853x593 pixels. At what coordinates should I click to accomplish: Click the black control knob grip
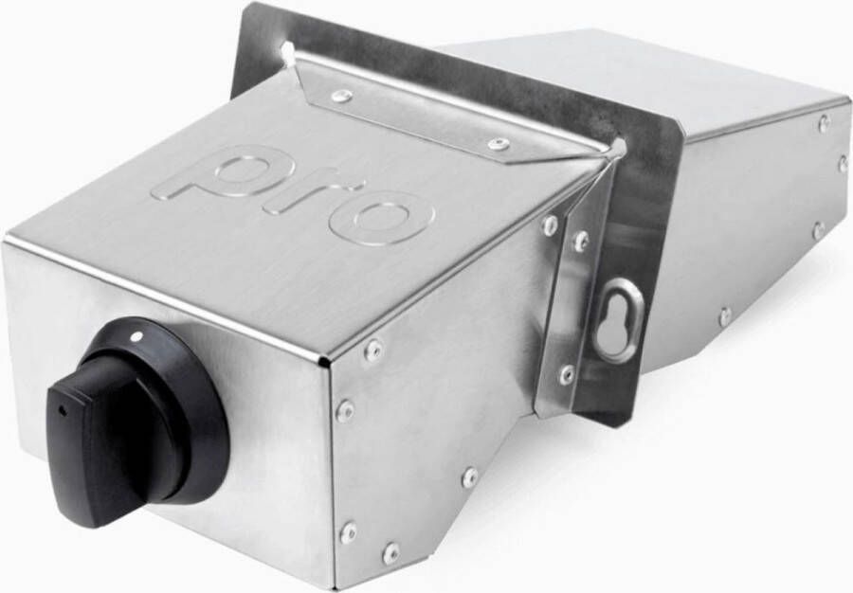pyautogui.click(x=109, y=435)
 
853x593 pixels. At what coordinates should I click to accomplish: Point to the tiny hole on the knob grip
pyautogui.click(x=62, y=410)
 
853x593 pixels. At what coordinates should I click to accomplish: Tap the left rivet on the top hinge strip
pyautogui.click(x=341, y=98)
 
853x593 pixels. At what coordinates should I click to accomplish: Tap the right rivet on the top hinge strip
pyautogui.click(x=498, y=144)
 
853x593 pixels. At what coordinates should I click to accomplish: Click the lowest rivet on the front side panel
pyautogui.click(x=390, y=553)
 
